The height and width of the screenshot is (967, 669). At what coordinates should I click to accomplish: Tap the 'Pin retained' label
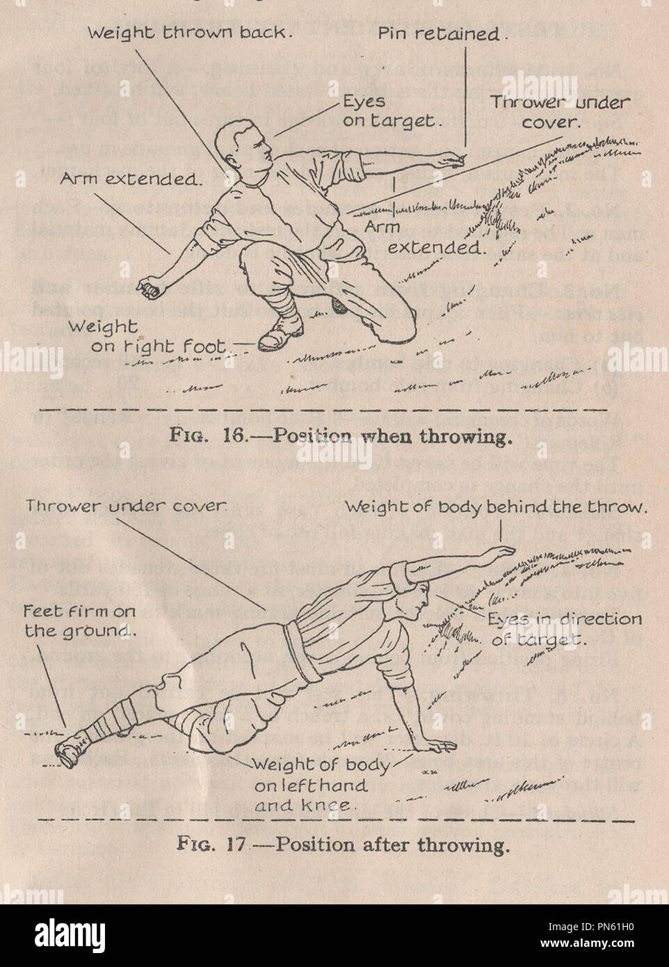click(440, 34)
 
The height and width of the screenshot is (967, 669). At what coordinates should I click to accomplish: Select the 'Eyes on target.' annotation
click(391, 111)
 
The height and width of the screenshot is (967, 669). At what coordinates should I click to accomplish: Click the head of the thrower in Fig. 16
click(243, 150)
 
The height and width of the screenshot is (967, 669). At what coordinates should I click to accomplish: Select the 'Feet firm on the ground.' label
click(79, 621)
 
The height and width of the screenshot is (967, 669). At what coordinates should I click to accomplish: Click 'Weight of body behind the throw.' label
click(496, 507)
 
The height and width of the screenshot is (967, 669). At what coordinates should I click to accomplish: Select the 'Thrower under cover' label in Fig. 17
click(126, 506)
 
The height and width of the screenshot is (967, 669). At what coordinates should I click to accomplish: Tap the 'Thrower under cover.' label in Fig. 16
click(560, 111)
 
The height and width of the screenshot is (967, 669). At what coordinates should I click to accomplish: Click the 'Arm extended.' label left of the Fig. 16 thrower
click(129, 179)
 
